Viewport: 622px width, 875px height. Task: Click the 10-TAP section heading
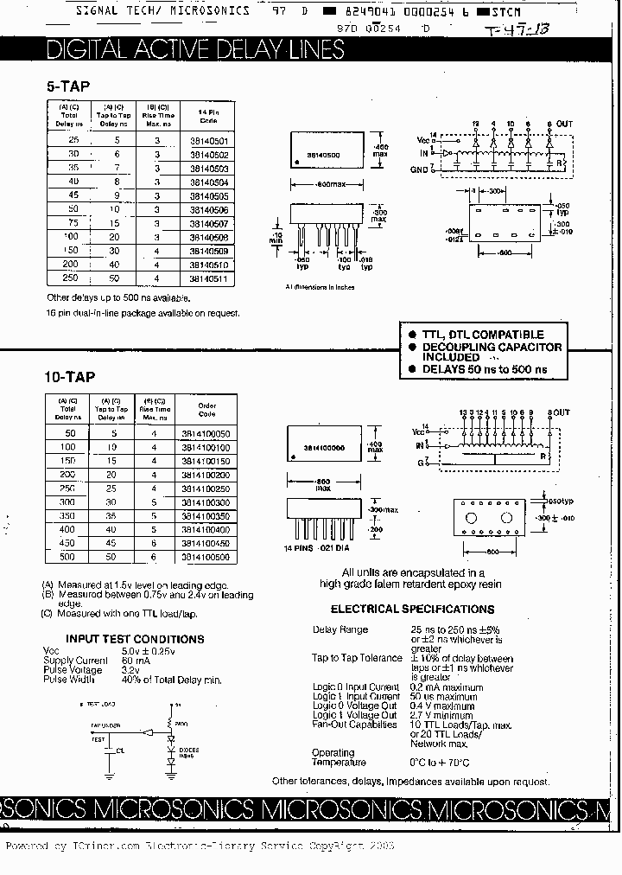coord(69,377)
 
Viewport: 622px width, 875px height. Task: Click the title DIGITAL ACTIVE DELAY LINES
coord(194,49)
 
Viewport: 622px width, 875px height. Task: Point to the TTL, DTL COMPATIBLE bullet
coord(482,335)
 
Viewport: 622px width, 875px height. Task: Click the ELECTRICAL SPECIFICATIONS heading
coord(401,609)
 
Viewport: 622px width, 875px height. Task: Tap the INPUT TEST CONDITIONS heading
coord(136,639)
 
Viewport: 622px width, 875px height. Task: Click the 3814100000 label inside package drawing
coord(325,448)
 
